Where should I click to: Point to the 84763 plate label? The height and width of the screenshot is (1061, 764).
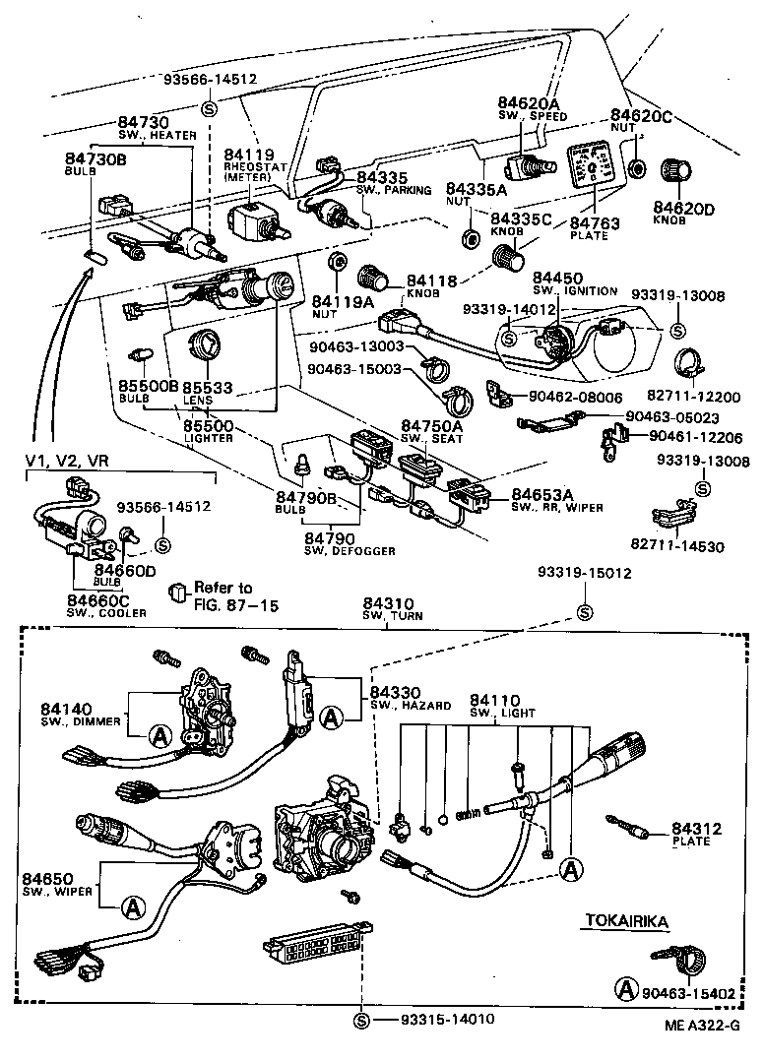596,223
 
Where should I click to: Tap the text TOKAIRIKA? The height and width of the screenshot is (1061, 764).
627,921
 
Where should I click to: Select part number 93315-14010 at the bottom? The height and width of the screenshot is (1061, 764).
447,1018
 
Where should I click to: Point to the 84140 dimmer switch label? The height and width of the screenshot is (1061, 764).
67,709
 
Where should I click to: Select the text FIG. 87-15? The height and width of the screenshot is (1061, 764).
235,604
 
